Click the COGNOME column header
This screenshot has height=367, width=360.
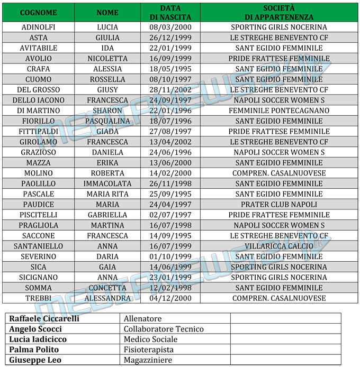click(38, 12)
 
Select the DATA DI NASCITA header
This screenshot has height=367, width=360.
click(170, 12)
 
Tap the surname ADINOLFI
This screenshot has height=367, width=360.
click(38, 27)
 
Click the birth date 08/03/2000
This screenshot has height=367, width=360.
click(170, 27)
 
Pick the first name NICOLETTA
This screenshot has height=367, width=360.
click(107, 59)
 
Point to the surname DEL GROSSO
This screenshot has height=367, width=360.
click(38, 90)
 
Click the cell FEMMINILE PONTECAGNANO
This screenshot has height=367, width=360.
click(279, 111)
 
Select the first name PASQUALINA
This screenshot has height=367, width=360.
click(107, 121)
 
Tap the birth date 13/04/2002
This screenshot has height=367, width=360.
click(170, 142)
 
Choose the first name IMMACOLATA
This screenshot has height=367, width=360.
click(107, 183)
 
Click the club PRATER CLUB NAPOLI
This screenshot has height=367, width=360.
click(279, 204)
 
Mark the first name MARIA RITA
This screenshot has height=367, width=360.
click(107, 194)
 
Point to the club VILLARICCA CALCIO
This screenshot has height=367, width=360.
click(279, 246)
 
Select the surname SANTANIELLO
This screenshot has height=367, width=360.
click(38, 246)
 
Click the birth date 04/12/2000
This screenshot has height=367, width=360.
click(170, 298)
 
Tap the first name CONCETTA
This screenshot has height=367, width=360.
click(107, 288)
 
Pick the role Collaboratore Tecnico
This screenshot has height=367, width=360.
click(163, 329)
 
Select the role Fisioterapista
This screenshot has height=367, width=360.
click(148, 350)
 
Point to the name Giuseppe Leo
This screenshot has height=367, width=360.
click(35, 360)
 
